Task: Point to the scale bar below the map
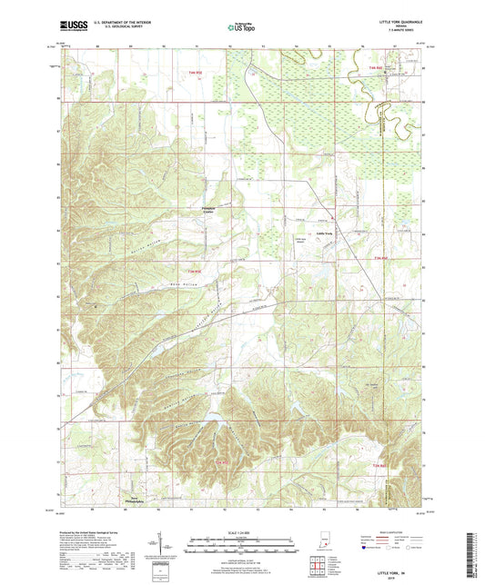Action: coord(241,545)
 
